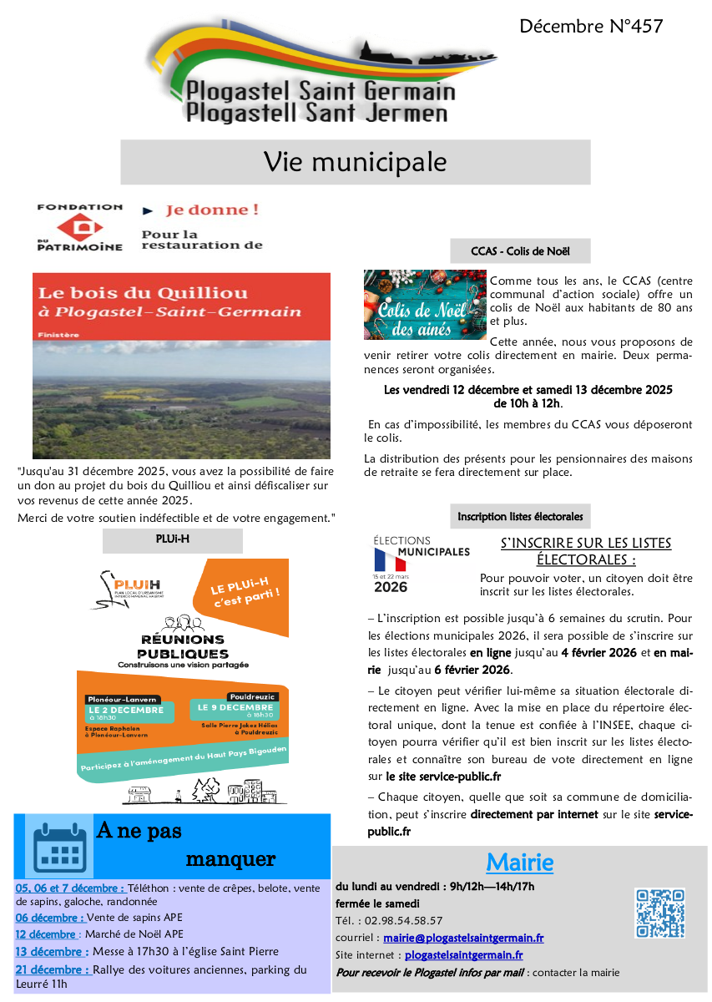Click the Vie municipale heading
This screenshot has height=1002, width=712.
tap(355, 162)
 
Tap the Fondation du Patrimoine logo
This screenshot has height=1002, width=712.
tap(80, 226)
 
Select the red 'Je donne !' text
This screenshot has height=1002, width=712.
tap(211, 210)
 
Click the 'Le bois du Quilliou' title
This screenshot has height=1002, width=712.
tap(143, 293)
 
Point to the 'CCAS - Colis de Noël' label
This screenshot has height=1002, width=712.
tap(519, 250)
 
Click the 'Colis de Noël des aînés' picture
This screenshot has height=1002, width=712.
tap(425, 305)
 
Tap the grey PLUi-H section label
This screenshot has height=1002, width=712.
tap(172, 540)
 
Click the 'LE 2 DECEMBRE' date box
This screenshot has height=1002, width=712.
tap(129, 711)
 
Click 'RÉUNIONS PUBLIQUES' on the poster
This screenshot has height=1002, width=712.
tap(182, 646)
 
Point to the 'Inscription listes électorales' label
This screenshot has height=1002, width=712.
tap(519, 517)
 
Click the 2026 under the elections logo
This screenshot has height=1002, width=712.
tap(391, 587)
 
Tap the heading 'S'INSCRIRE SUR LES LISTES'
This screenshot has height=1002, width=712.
tap(586, 544)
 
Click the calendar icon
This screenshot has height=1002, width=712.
tap(59, 845)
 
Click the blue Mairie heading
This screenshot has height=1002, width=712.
tap(519, 862)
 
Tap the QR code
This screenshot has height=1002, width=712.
tap(659, 913)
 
